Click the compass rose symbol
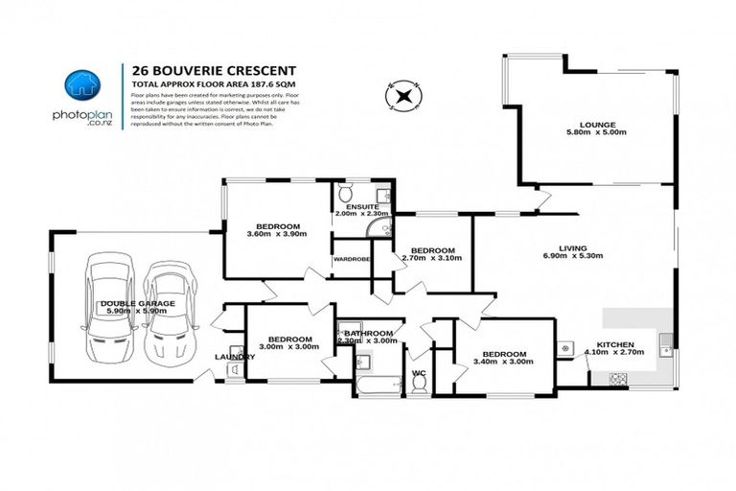[403, 94]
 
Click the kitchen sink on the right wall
[665, 339]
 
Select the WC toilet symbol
[418, 384]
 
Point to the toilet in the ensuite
[350, 190]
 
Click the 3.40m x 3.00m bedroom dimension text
[504, 362]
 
